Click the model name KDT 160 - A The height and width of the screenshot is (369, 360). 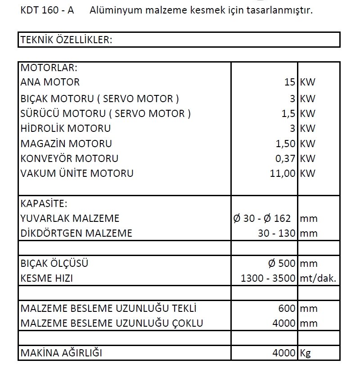pyautogui.click(x=47, y=10)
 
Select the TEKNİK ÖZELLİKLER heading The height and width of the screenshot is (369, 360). pyautogui.click(x=66, y=40)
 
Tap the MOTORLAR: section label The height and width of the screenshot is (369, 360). pyautogui.click(x=49, y=68)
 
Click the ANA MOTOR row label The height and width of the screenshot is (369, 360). pyautogui.click(x=50, y=82)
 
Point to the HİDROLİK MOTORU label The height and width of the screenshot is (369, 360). pyautogui.click(x=66, y=129)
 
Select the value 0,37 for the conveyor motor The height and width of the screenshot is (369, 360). pyautogui.click(x=285, y=158)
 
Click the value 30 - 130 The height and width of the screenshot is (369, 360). pyautogui.click(x=277, y=233)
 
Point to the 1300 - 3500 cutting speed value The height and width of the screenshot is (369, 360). pyautogui.click(x=268, y=279)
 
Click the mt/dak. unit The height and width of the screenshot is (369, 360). pyautogui.click(x=318, y=279)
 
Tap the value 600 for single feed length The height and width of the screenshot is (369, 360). pyautogui.click(x=287, y=309)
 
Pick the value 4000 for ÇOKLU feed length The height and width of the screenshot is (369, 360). pyautogui.click(x=284, y=324)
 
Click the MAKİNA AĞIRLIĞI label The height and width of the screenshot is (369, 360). pyautogui.click(x=61, y=353)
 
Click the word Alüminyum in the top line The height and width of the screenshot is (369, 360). pyautogui.click(x=111, y=10)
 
